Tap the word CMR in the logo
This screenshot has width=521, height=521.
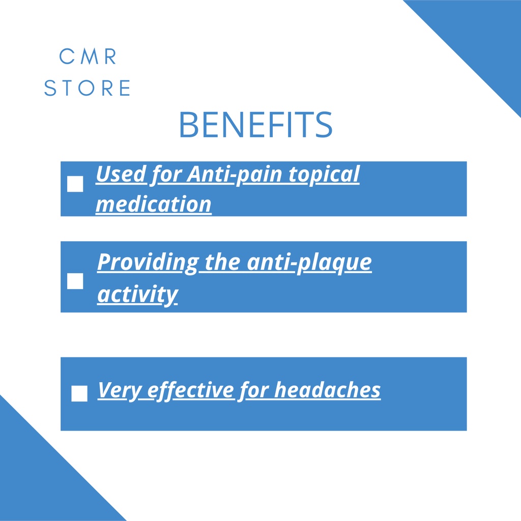(x=88, y=56)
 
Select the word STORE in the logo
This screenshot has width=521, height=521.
(x=87, y=88)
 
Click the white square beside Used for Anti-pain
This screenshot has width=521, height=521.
(x=75, y=184)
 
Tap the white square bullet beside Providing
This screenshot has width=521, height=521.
(x=75, y=281)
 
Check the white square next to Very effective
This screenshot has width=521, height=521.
(x=79, y=393)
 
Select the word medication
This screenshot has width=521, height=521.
(x=154, y=204)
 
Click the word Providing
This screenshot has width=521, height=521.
(x=148, y=263)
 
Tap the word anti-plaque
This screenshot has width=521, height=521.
(x=309, y=263)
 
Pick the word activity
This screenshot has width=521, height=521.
(x=137, y=295)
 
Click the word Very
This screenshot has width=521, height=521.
(x=120, y=390)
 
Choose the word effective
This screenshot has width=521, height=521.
(x=191, y=390)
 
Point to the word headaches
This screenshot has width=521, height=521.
(x=328, y=390)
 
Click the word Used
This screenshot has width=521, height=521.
(x=121, y=174)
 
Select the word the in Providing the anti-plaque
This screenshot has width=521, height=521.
(x=222, y=263)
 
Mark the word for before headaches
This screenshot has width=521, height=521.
(x=254, y=390)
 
